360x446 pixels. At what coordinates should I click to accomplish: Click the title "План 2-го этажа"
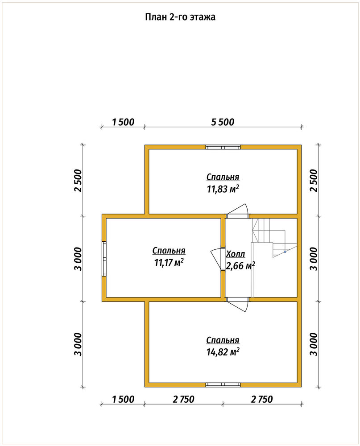pos(180,17)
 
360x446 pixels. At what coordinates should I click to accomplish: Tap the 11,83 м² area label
pos(223,189)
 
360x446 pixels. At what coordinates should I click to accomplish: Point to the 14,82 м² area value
pos(223,352)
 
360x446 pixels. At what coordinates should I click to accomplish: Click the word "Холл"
pos(236,254)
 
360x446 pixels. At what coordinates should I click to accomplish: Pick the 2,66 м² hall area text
pos(240,266)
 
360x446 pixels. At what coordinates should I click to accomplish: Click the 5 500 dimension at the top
pos(223,122)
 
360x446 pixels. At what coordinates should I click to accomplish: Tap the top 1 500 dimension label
pos(123,122)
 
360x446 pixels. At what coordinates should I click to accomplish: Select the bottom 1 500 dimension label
pos(123,399)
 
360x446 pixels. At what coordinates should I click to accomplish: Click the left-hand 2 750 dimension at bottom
pos(183,399)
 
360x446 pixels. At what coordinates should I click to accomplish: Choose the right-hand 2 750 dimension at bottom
pos(262,399)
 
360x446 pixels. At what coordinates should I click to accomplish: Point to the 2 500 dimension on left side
pos(78,181)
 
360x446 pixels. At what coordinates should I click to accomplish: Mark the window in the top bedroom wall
pos(223,147)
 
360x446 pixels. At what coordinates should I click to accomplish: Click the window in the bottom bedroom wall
pos(223,385)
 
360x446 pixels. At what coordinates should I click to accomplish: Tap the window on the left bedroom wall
pos(104,259)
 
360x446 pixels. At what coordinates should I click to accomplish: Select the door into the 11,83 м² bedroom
pos(237,211)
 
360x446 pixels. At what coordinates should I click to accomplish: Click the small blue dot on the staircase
pos(285,252)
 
